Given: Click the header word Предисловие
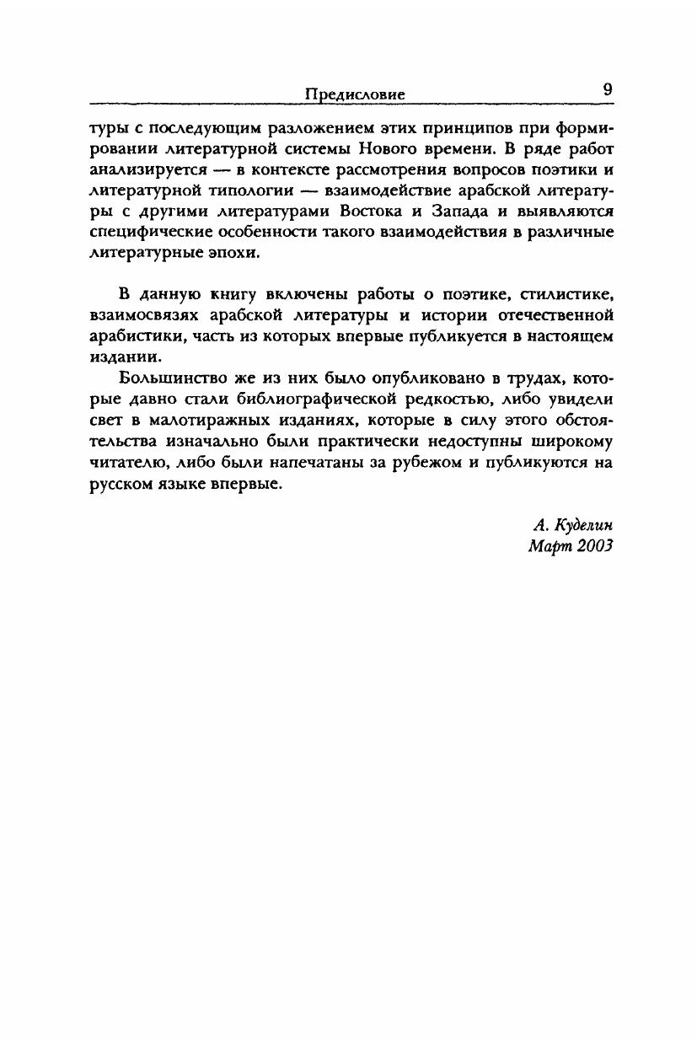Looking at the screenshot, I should tap(355, 95).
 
